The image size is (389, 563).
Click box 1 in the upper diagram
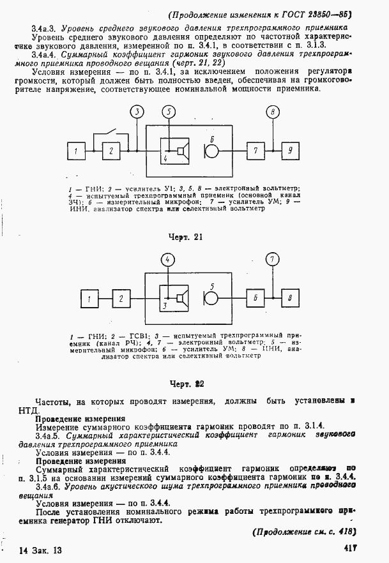77,151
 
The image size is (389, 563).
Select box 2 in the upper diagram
111,151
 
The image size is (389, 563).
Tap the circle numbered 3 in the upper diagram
137,112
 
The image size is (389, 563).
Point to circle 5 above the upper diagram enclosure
169,112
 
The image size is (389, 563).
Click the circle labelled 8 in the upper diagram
273,112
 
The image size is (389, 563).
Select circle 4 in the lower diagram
167,260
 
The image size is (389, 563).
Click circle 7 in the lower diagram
273,260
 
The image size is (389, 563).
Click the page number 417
349,548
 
